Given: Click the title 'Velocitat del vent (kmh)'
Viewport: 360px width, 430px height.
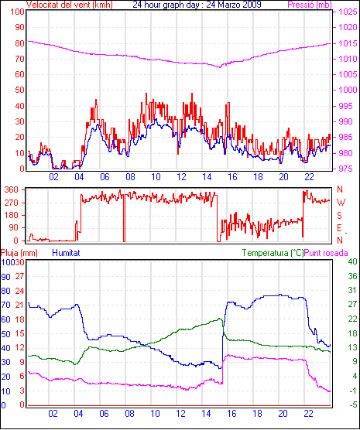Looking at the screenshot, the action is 70,5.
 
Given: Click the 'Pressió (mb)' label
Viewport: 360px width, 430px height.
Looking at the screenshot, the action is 310,5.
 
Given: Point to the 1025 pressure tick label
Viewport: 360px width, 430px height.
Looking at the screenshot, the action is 348,12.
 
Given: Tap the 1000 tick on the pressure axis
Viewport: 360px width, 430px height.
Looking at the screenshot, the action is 348,90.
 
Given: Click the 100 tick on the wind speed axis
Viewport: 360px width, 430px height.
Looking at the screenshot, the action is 17,12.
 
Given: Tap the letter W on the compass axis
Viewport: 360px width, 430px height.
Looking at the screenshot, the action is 341,203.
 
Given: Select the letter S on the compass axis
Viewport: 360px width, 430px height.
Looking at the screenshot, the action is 340,216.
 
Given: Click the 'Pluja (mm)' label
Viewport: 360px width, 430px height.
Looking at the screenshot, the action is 19,253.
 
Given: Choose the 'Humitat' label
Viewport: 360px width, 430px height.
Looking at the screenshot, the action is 66,253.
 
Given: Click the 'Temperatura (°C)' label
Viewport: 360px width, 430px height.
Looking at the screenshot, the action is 273,253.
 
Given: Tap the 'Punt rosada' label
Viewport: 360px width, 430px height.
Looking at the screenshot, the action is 326,253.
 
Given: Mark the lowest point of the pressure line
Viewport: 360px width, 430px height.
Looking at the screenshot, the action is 220,67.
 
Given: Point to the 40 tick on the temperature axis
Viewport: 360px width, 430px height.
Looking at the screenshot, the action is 352,261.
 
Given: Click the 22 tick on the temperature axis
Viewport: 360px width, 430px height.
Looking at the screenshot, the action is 352,319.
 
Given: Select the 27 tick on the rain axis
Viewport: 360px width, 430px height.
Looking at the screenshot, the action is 20,276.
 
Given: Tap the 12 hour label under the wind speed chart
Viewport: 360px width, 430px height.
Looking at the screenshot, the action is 181,177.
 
